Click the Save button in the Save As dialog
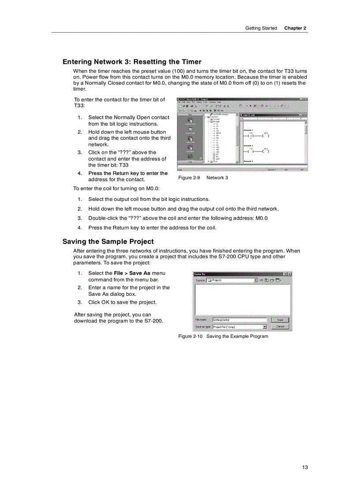280,320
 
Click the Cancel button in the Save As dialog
280,327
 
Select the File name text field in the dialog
239,320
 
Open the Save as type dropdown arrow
264,327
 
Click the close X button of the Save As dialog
289,274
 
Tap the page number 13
304,467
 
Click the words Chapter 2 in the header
295,28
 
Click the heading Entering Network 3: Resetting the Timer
132,62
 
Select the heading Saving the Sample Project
108,242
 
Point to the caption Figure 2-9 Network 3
203,178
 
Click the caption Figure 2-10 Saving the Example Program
223,336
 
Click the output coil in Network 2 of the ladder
266,136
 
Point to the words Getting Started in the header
261,28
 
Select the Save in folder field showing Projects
232,280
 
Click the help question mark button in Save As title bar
285,274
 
